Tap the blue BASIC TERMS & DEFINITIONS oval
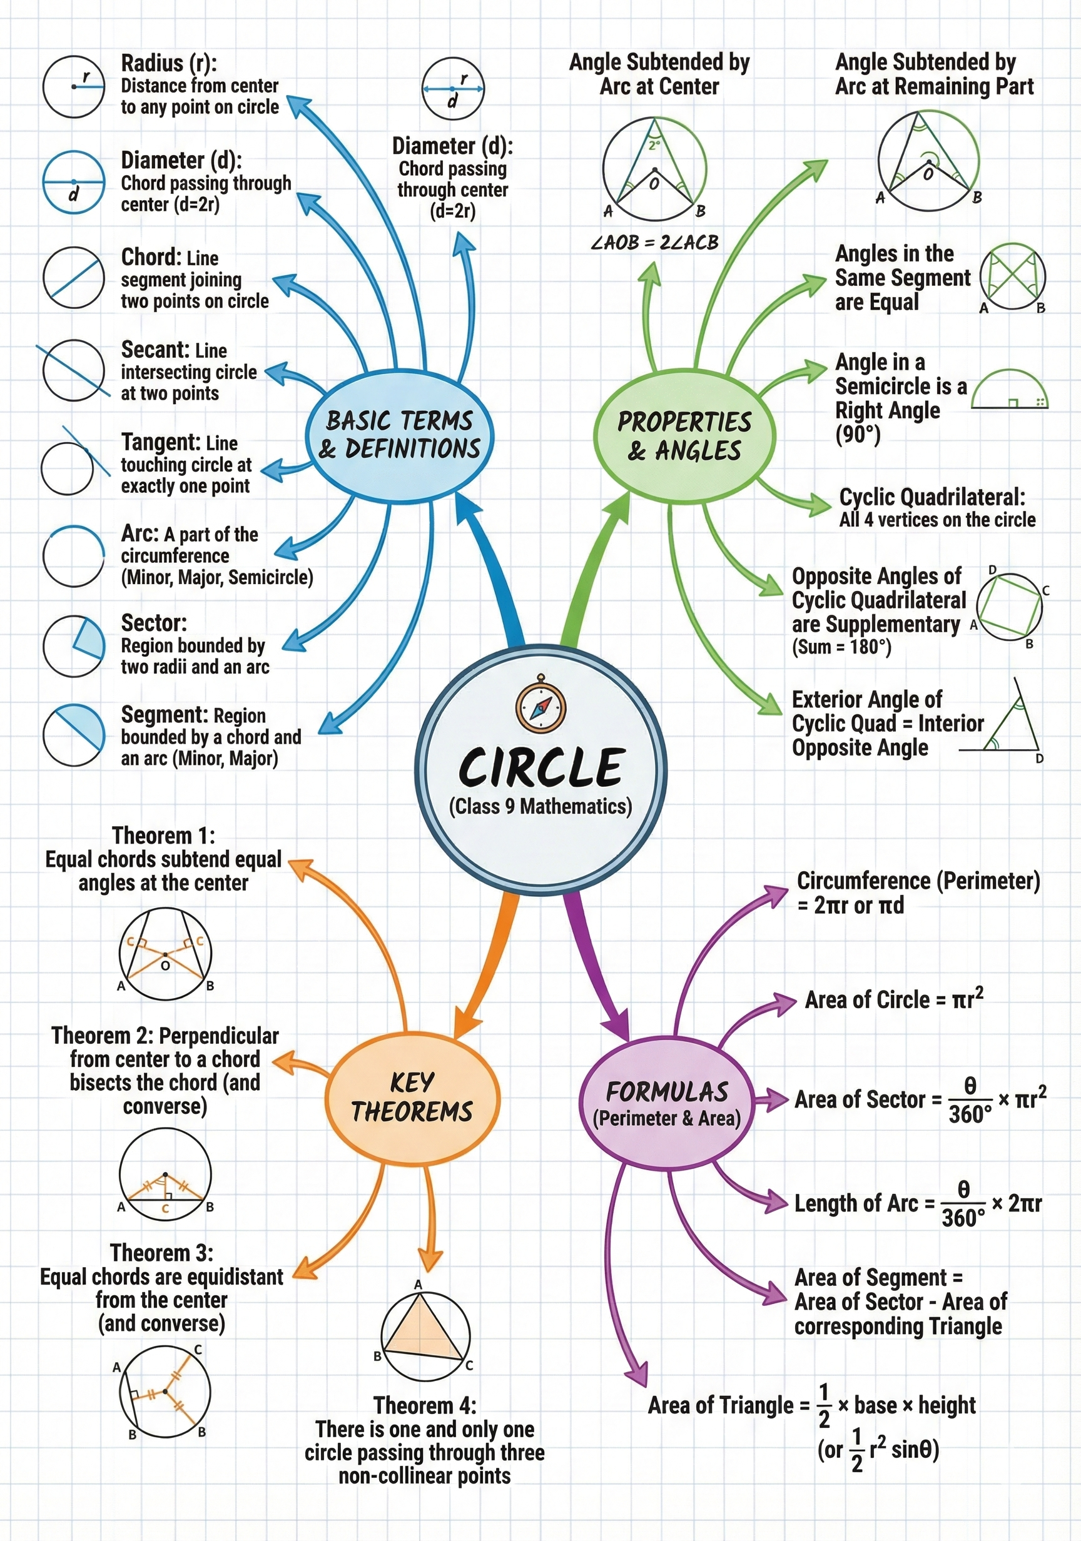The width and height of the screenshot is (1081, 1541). click(400, 435)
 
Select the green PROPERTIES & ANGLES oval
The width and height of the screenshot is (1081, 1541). click(684, 437)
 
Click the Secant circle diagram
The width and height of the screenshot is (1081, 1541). click(73, 370)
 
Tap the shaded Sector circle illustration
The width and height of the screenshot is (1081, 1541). click(74, 646)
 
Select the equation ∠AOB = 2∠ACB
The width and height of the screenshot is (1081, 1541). click(654, 242)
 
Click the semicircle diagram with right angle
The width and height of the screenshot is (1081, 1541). click(1009, 391)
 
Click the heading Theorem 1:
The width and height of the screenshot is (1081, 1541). click(163, 836)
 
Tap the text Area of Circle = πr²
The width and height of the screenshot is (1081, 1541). click(894, 1000)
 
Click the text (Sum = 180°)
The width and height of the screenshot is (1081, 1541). click(841, 647)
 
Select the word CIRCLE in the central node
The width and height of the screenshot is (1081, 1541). click(541, 768)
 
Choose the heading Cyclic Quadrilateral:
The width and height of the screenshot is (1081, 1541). click(932, 497)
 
